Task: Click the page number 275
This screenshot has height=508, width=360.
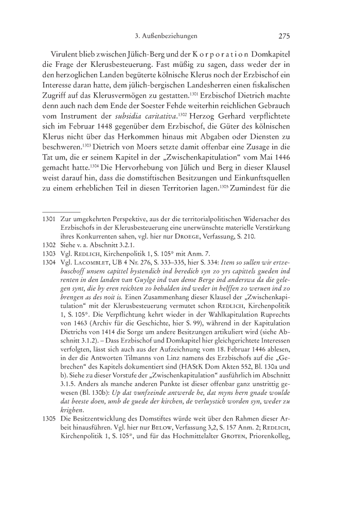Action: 285,37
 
